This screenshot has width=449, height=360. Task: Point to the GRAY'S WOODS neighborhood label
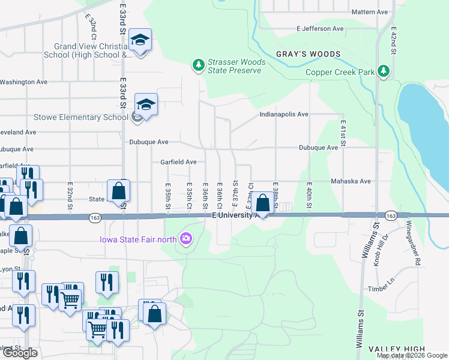click(x=308, y=54)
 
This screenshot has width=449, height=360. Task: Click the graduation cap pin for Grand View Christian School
click(x=140, y=41)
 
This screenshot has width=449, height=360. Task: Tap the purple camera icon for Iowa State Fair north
click(x=186, y=240)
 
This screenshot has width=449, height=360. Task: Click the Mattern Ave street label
click(x=370, y=12)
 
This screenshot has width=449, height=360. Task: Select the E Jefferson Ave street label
click(x=320, y=28)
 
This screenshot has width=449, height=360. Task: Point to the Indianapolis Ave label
click(x=284, y=114)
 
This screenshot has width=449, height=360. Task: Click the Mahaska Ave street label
click(x=351, y=181)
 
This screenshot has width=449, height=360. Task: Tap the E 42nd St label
click(x=394, y=40)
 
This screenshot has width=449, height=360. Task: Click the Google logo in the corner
click(x=20, y=353)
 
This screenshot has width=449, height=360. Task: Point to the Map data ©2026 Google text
click(x=411, y=355)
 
